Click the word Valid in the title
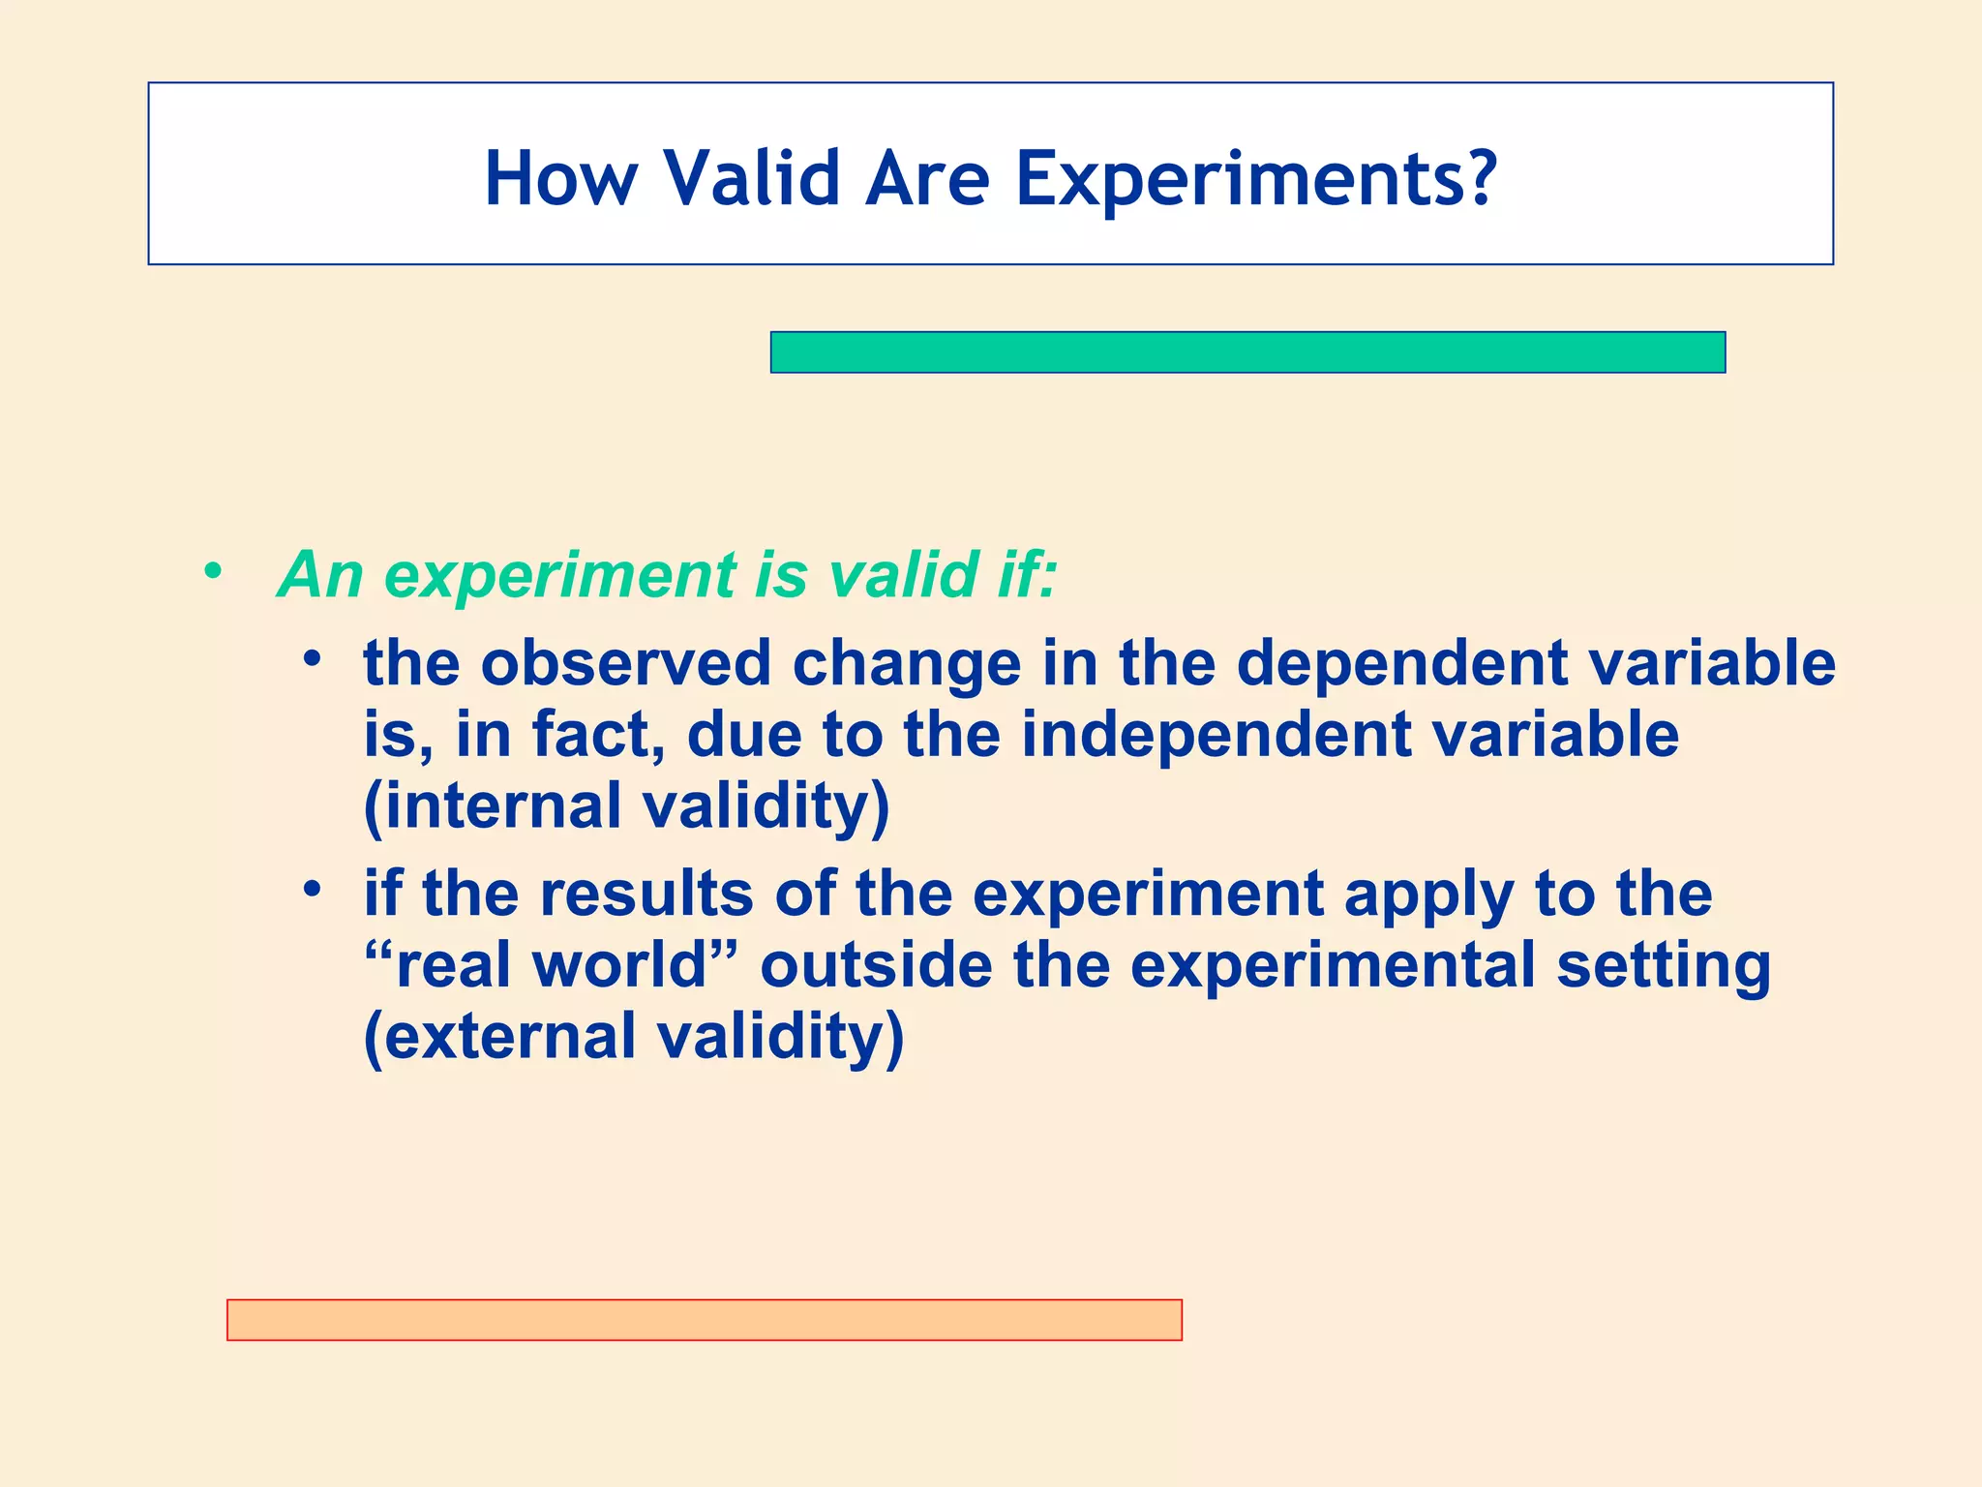(751, 179)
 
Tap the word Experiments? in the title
(1256, 179)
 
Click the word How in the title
(561, 179)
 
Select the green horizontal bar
(1247, 352)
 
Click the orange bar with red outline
(704, 1320)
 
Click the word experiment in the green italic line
(560, 575)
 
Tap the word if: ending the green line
(1026, 575)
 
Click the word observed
(625, 664)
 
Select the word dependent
(1401, 664)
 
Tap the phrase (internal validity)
(626, 806)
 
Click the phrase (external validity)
(634, 1037)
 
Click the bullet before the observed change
(311, 659)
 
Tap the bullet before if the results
(311, 888)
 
